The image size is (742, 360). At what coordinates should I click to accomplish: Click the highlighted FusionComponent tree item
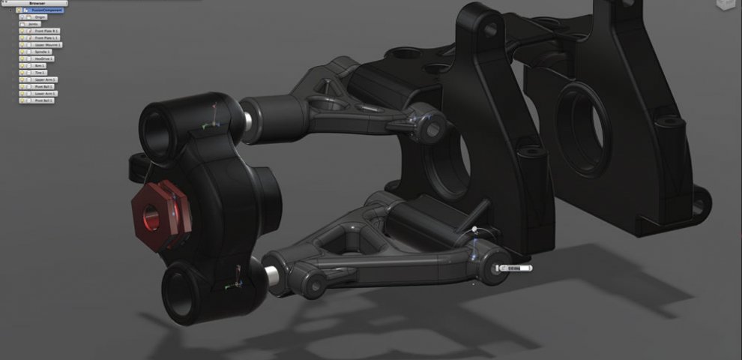pos(44,10)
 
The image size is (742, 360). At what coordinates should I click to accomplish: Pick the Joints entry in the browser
pos(34,24)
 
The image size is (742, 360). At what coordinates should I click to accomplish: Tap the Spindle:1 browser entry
pos(42,52)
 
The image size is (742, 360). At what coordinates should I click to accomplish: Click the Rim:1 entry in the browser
pos(40,65)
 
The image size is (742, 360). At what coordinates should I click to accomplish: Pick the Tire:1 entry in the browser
pos(40,72)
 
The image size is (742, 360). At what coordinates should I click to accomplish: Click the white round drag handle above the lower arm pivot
pos(474,229)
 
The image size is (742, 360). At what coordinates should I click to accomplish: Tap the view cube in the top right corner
pos(726,4)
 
